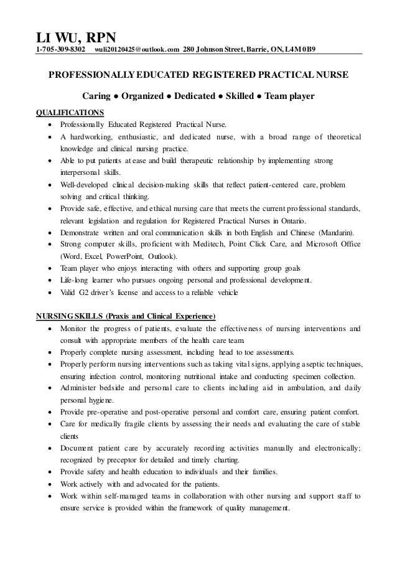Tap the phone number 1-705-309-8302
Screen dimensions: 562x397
point(60,49)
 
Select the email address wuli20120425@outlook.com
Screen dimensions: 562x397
point(137,49)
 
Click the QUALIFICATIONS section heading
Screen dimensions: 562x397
point(70,113)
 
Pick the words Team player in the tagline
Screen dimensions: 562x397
point(291,96)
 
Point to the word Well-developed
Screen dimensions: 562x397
point(83,185)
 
